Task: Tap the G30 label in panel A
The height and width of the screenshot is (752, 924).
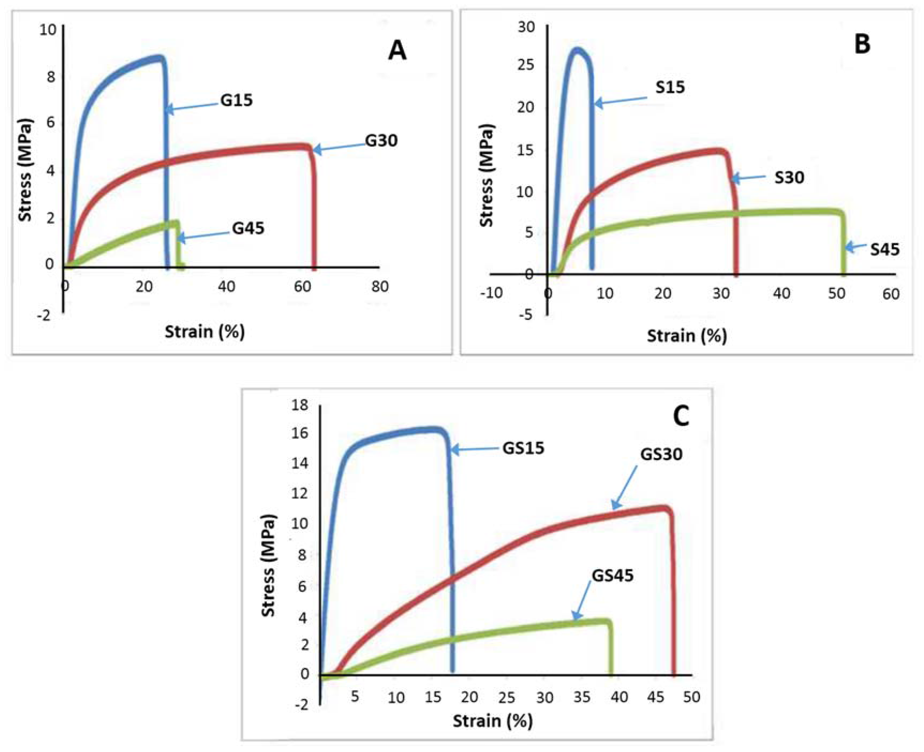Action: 381,141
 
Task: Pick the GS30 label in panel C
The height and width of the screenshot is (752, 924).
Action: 661,455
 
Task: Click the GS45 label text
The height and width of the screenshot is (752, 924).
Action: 612,576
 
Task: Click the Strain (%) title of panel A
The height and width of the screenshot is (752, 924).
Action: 204,332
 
